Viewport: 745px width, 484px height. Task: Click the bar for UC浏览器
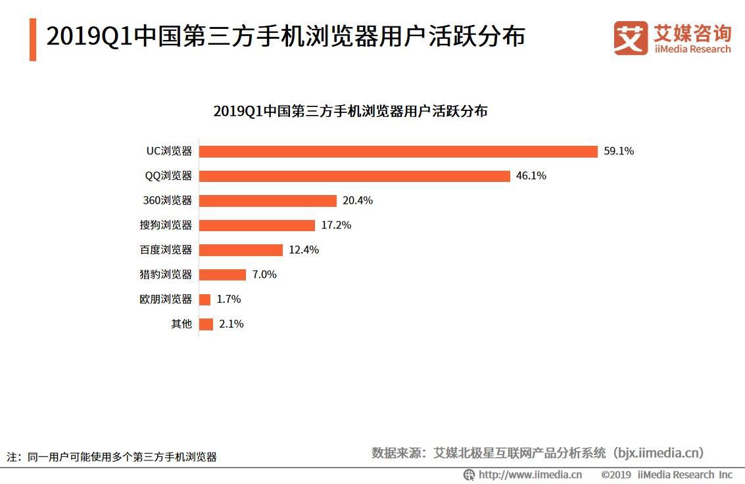coord(398,151)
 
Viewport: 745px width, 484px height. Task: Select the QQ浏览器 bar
coord(354,176)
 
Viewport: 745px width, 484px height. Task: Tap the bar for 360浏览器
coord(268,200)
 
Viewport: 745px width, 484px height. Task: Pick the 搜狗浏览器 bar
coord(257,225)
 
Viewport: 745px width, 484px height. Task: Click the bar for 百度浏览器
coord(241,250)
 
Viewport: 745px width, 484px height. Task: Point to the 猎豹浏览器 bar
coord(222,275)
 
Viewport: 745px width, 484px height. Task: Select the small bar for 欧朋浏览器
coord(204,299)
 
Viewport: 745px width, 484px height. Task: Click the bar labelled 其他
coord(206,324)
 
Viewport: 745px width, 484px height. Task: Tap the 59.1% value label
coord(619,151)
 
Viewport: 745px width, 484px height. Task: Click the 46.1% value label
coord(531,176)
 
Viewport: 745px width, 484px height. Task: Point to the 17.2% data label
coord(336,225)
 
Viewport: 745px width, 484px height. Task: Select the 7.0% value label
coord(264,275)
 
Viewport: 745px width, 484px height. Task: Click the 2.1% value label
coord(231,324)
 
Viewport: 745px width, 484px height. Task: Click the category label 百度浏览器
coord(166,250)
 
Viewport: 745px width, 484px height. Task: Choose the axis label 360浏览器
coord(168,200)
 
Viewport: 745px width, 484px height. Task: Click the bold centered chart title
coord(350,111)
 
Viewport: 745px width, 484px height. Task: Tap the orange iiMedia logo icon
coord(631,38)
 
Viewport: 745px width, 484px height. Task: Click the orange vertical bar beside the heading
coord(33,39)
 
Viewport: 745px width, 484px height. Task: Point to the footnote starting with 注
coord(112,457)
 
